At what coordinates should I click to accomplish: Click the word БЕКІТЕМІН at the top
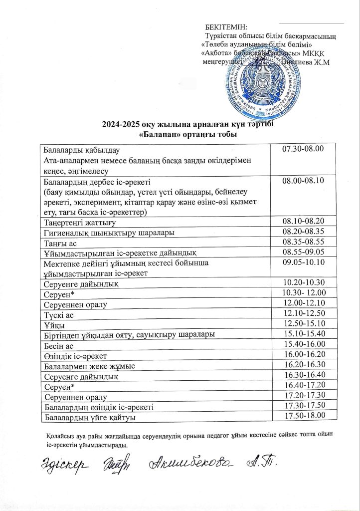[226, 27]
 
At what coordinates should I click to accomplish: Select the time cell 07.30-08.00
[303, 149]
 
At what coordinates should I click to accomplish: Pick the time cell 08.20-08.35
[303, 232]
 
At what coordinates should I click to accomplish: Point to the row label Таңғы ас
[59, 242]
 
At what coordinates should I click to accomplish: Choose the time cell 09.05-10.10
[303, 262]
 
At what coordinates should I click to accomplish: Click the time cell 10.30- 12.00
[304, 293]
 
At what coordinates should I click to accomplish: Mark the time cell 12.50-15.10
[303, 324]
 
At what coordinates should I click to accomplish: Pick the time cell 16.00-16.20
[303, 355]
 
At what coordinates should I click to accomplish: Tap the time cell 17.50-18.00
[303, 416]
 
